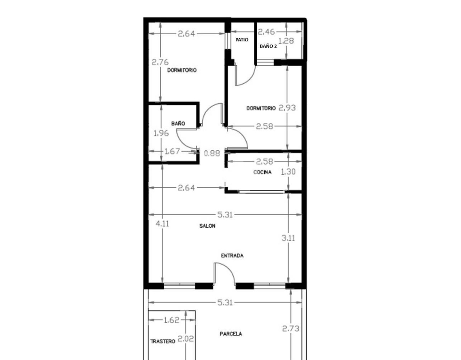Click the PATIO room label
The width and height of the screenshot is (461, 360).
(x=242, y=40)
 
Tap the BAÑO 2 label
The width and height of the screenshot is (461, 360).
(x=268, y=46)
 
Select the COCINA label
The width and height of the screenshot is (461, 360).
(x=262, y=172)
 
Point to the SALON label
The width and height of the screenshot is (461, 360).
(x=207, y=226)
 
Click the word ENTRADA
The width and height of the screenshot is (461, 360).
(x=232, y=256)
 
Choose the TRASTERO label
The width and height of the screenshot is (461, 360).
(x=163, y=342)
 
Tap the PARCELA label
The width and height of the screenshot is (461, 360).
(x=231, y=334)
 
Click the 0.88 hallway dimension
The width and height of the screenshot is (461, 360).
(x=212, y=153)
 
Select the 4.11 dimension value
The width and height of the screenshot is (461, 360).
(x=162, y=224)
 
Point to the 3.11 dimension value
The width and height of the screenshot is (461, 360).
(x=288, y=238)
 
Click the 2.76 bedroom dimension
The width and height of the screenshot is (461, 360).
(x=160, y=62)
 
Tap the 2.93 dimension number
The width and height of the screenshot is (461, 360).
(x=287, y=108)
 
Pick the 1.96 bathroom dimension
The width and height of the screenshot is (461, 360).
(x=161, y=133)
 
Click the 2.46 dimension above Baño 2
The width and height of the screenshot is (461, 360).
(x=266, y=31)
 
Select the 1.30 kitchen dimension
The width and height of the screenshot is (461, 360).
(x=288, y=171)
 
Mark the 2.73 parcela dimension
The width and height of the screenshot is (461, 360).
(x=291, y=328)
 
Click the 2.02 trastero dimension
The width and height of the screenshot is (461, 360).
(x=186, y=339)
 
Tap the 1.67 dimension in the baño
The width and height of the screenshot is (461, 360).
(x=172, y=151)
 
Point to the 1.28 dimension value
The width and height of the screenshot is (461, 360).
(x=286, y=41)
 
